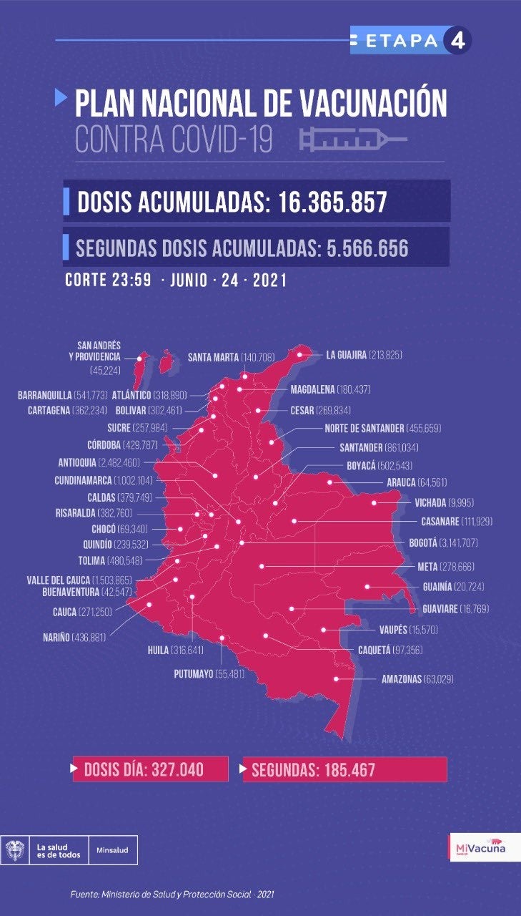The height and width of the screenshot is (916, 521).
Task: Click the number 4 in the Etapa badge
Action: tap(457, 41)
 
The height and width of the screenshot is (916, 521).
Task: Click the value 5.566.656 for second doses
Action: tap(367, 248)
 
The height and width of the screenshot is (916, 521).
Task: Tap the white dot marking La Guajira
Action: tap(300, 354)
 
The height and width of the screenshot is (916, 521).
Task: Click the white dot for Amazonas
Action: tap(336, 679)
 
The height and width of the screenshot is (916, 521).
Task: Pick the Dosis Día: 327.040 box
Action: tap(149, 769)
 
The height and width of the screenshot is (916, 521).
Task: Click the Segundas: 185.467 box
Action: tap(344, 769)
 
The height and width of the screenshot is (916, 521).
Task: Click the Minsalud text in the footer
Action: tap(112, 850)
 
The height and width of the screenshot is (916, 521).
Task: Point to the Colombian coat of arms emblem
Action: tap(14, 850)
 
